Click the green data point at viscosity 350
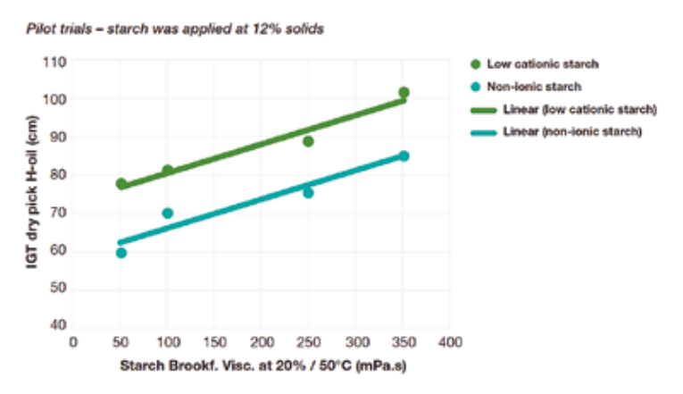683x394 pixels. tap(404, 92)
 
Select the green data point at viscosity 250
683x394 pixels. tap(308, 141)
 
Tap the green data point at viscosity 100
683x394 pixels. tap(168, 170)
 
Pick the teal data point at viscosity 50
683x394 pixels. tap(121, 253)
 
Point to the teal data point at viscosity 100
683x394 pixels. tap(168, 213)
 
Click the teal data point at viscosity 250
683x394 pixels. tap(308, 192)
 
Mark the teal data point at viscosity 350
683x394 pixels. tap(404, 155)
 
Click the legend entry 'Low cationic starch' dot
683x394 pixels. tap(475, 64)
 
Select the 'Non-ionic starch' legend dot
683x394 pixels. tap(475, 87)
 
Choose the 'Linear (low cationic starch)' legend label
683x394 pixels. tap(582, 109)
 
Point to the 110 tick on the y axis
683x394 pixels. tap(55, 62)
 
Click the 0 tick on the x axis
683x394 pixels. tap(73, 342)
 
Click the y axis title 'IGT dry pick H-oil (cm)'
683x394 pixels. tap(33, 194)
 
